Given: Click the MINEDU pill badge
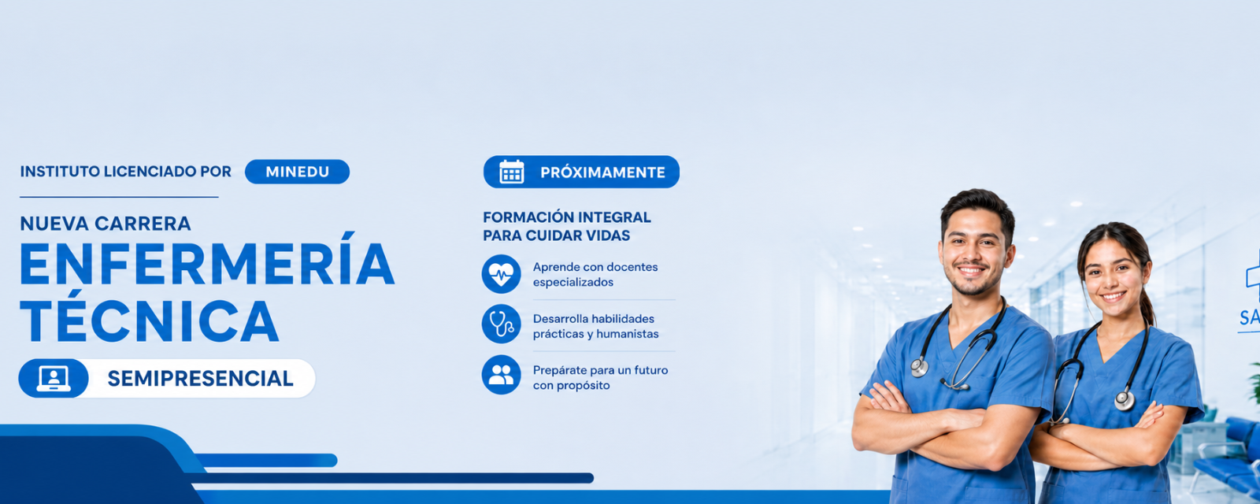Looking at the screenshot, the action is tap(297, 172).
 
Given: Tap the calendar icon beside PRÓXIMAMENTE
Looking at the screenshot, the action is tap(511, 172).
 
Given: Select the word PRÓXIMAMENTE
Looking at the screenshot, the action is tap(602, 172).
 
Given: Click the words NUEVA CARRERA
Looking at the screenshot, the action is tap(106, 224).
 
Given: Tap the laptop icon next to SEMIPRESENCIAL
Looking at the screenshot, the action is tap(54, 378).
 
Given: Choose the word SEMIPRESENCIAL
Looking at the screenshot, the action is tap(200, 378).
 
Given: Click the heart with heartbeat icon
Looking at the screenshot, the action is tap(501, 274).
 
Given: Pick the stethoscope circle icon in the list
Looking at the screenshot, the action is tap(501, 324).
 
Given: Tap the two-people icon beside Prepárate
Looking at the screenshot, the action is tap(501, 375).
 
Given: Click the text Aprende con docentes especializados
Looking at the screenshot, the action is tap(595, 275).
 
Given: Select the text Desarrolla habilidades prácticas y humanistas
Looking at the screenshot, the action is tap(595, 326).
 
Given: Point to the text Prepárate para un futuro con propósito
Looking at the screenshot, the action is tap(600, 377).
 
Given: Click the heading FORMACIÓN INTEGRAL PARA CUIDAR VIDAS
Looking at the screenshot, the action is tap(566, 226).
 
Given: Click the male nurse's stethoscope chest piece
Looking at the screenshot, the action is tap(919, 367).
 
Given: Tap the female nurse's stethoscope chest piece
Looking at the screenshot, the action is tap(1125, 400).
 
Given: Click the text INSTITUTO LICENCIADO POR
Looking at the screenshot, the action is tap(125, 172).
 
